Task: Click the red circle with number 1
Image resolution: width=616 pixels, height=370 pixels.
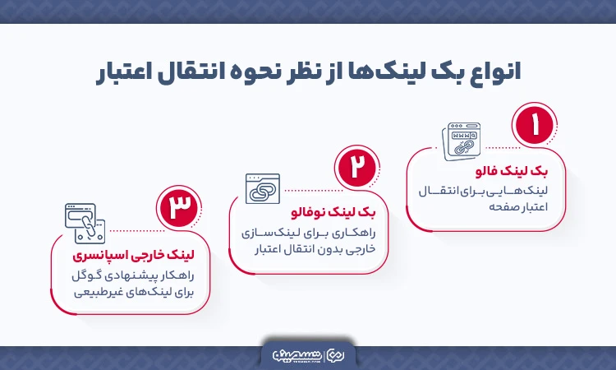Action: (x=536, y=127)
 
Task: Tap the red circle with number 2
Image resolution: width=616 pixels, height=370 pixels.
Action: (x=356, y=166)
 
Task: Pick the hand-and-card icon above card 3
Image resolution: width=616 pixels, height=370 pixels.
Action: (x=84, y=224)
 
